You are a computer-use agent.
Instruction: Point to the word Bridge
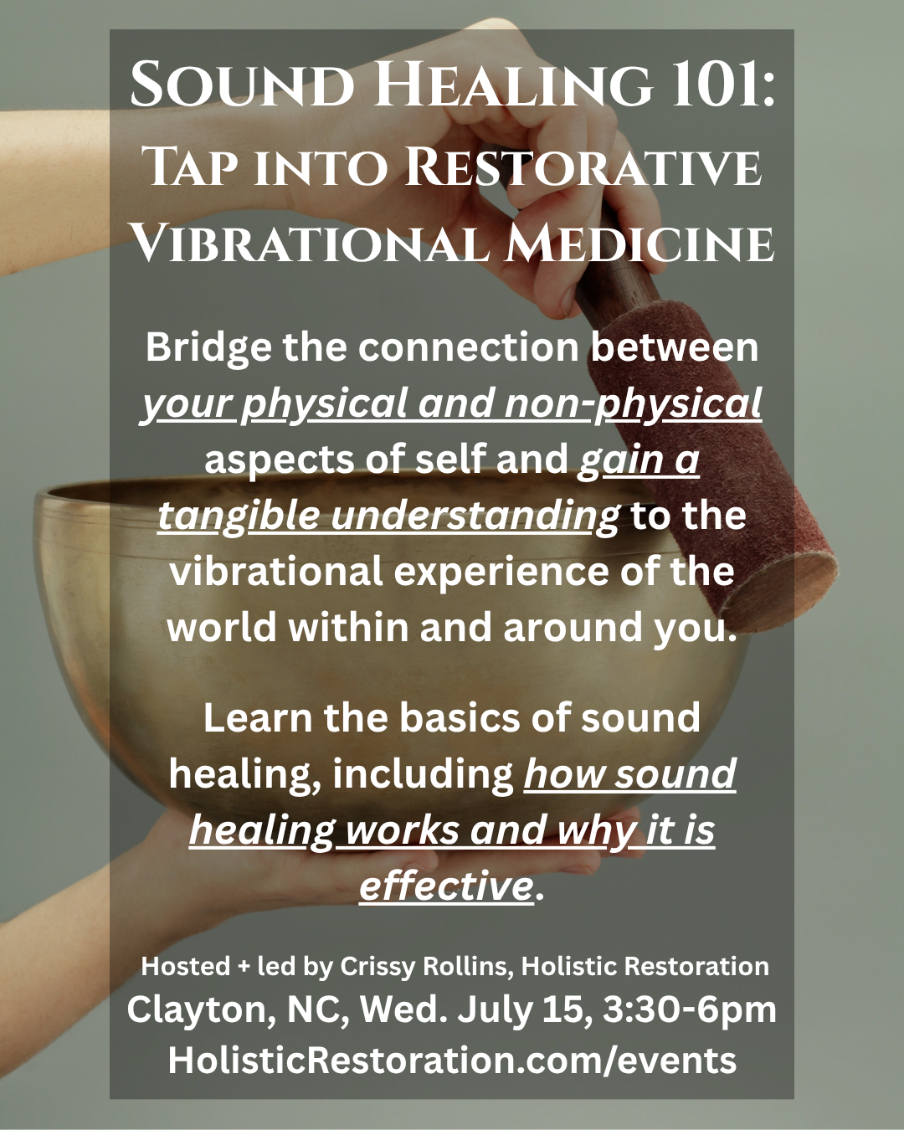208,348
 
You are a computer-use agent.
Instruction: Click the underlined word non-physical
633,404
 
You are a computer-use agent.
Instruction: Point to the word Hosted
186,966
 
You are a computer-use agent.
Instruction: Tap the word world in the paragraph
222,628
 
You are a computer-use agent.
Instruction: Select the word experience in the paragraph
501,572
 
